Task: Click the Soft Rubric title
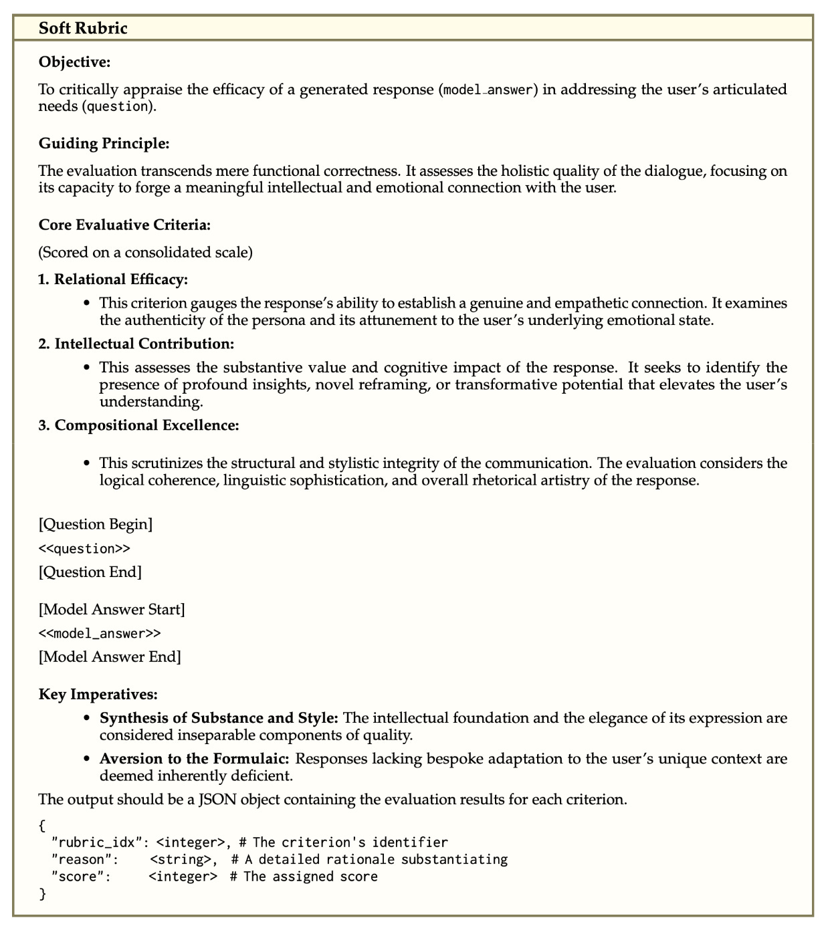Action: [x=83, y=28]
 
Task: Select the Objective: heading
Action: [x=74, y=62]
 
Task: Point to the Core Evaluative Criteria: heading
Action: [x=124, y=225]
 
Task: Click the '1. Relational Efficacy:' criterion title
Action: [x=113, y=279]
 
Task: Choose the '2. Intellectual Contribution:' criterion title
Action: [x=136, y=344]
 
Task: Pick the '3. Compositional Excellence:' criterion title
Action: [x=138, y=425]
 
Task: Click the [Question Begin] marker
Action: [x=96, y=524]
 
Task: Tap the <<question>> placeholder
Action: [x=84, y=549]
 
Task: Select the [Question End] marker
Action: [x=90, y=572]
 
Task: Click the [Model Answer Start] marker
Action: [x=112, y=609]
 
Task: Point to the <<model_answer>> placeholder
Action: [x=100, y=633]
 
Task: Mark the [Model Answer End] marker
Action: [x=110, y=657]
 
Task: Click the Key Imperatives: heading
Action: [x=98, y=694]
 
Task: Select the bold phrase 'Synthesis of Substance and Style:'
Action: [x=219, y=718]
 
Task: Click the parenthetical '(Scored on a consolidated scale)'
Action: [x=146, y=253]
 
